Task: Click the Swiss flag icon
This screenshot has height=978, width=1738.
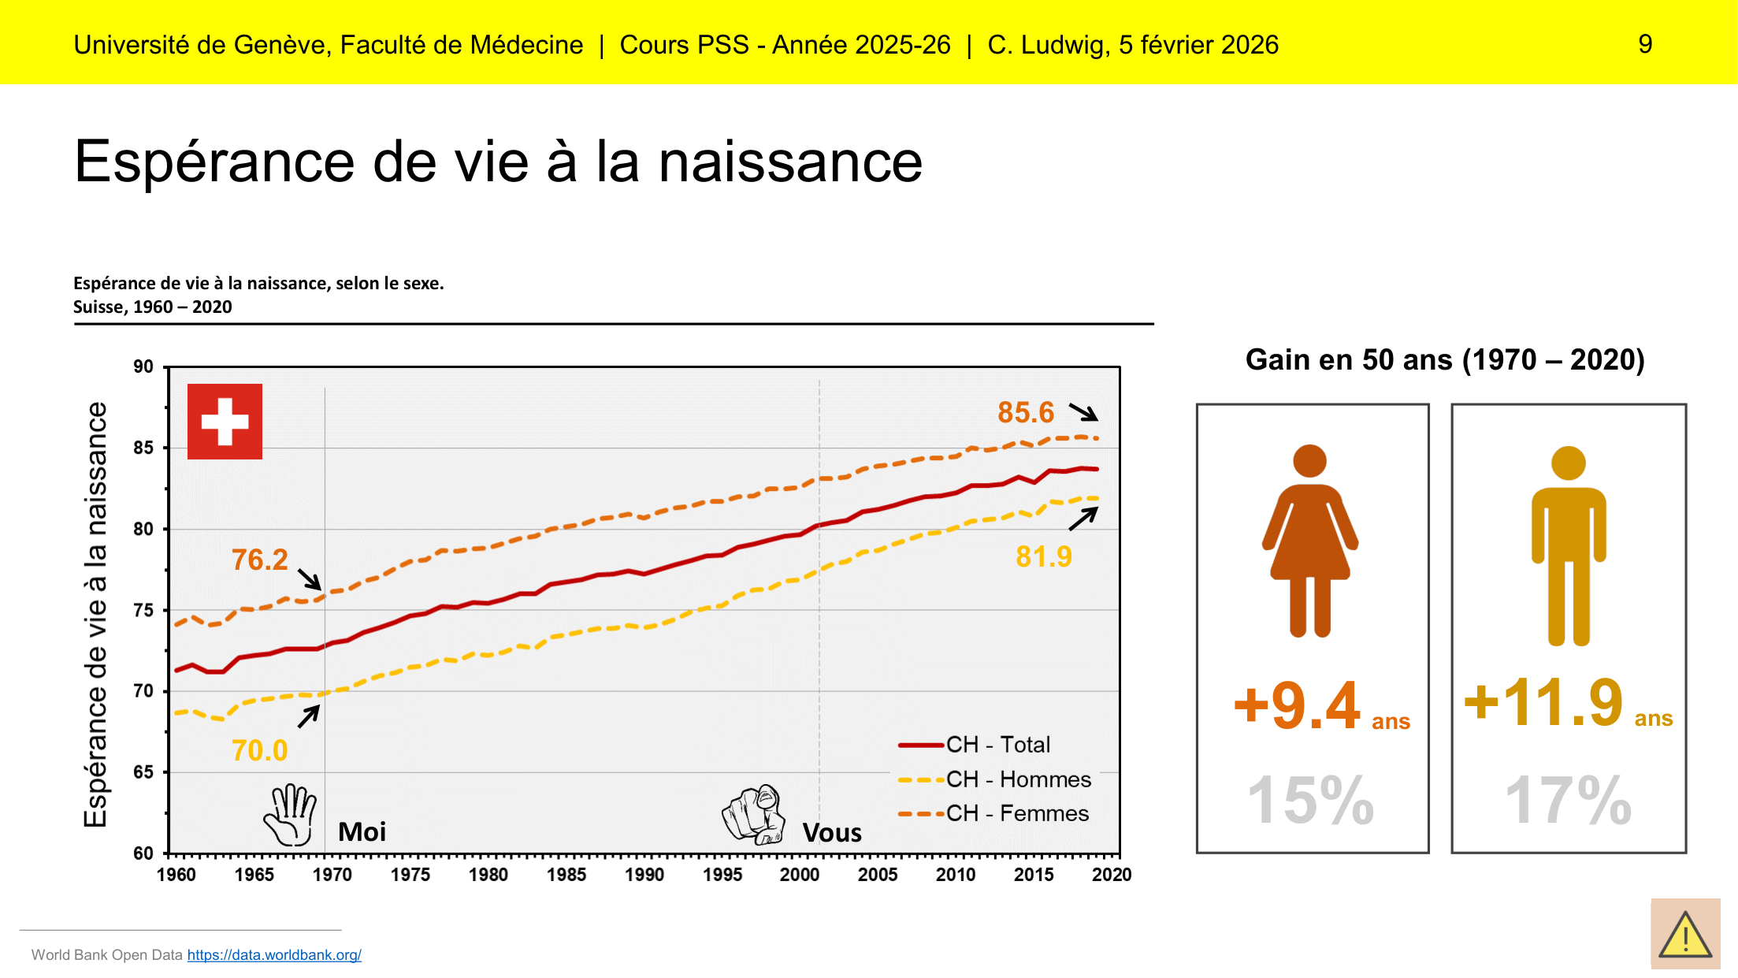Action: (x=225, y=422)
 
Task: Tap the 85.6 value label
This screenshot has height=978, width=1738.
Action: (x=1025, y=412)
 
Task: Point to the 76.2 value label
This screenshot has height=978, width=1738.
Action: (x=259, y=560)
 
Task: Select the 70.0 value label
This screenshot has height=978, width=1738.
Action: (x=259, y=750)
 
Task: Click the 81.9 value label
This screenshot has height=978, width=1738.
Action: (x=1043, y=556)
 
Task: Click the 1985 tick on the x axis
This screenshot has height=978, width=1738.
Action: (x=566, y=875)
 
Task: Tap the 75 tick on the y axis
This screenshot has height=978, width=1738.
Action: (x=143, y=610)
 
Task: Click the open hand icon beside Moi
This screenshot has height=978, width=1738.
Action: (x=291, y=815)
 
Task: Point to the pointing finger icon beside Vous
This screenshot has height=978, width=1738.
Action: (x=754, y=814)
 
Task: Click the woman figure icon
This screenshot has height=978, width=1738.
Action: (x=1310, y=540)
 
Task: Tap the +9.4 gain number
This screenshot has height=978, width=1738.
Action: (x=1297, y=705)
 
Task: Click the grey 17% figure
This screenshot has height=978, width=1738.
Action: (x=1568, y=801)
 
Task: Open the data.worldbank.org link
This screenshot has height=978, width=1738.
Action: (x=274, y=955)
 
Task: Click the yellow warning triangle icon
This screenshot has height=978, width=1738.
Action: (x=1685, y=935)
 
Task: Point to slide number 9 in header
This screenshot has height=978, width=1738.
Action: (x=1645, y=44)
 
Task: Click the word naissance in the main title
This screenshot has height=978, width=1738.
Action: (x=790, y=162)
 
